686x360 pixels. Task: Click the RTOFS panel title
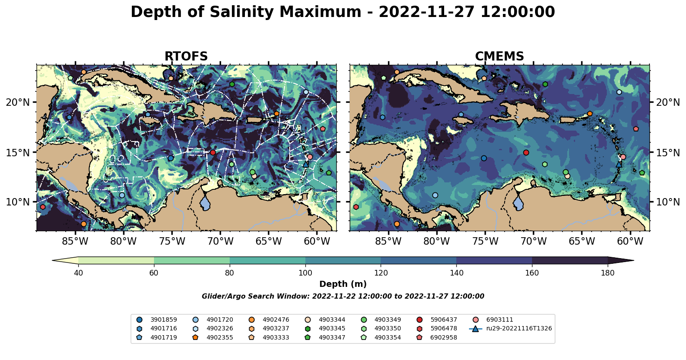(186, 57)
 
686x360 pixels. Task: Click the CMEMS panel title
(499, 57)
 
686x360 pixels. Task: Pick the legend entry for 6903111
(499, 320)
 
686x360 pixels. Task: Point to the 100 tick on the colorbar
(305, 273)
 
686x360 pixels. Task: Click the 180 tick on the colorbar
(608, 273)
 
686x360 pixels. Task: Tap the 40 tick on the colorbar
(78, 273)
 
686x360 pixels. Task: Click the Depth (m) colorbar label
(343, 284)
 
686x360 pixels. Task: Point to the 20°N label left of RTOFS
(18, 102)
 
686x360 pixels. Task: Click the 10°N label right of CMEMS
(668, 202)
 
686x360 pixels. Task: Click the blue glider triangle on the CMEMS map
(619, 164)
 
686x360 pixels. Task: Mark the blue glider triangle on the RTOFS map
(306, 164)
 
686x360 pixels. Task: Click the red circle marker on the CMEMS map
(526, 152)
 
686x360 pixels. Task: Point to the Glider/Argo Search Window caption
(343, 296)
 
